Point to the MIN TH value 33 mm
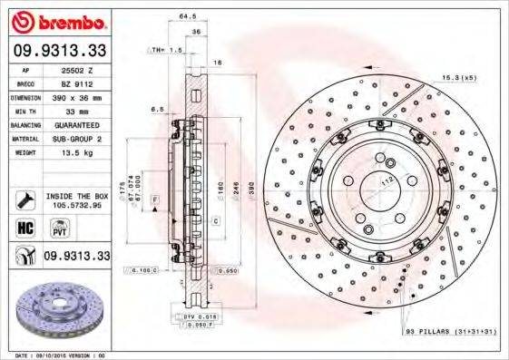tap(72, 110)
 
